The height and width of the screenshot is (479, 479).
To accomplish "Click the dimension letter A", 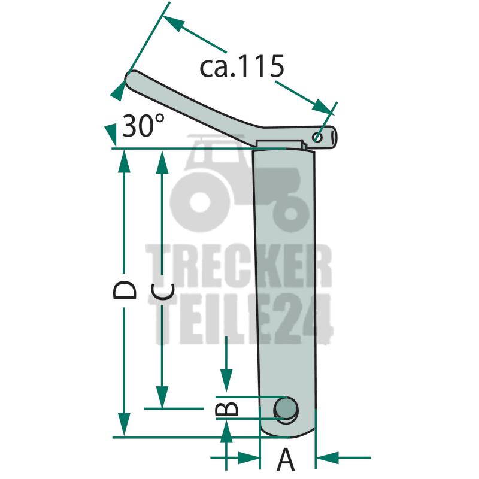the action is click(286, 459).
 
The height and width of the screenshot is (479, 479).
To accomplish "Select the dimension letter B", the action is click(226, 408).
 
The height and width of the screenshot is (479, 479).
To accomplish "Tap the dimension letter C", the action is click(162, 292).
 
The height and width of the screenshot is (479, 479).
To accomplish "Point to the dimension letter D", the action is click(125, 290).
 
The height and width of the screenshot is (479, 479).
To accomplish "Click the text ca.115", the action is click(242, 66).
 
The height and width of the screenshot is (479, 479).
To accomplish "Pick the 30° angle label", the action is click(143, 125).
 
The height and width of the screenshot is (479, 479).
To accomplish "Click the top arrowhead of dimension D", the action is click(124, 162).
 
